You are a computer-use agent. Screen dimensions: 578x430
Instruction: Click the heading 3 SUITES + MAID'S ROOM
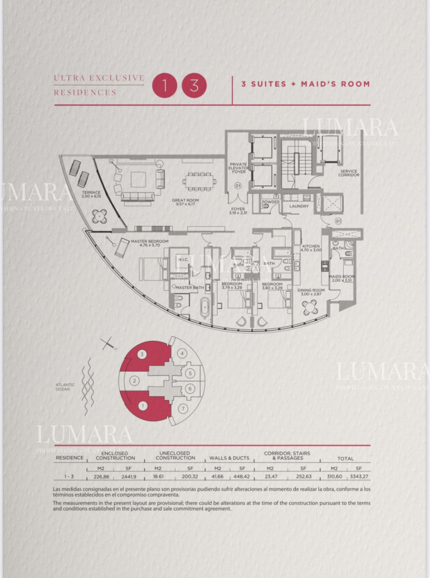305,84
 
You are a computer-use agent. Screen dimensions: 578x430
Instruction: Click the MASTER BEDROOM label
149,243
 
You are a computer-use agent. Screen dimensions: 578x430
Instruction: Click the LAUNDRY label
299,206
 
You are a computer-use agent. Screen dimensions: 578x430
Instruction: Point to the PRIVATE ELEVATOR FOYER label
238,168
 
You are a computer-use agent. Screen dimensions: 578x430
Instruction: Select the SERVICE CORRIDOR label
349,173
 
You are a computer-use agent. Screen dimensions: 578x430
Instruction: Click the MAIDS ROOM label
341,278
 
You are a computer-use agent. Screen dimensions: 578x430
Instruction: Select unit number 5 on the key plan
190,372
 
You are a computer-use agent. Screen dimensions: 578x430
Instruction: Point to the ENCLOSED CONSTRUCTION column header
116,455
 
